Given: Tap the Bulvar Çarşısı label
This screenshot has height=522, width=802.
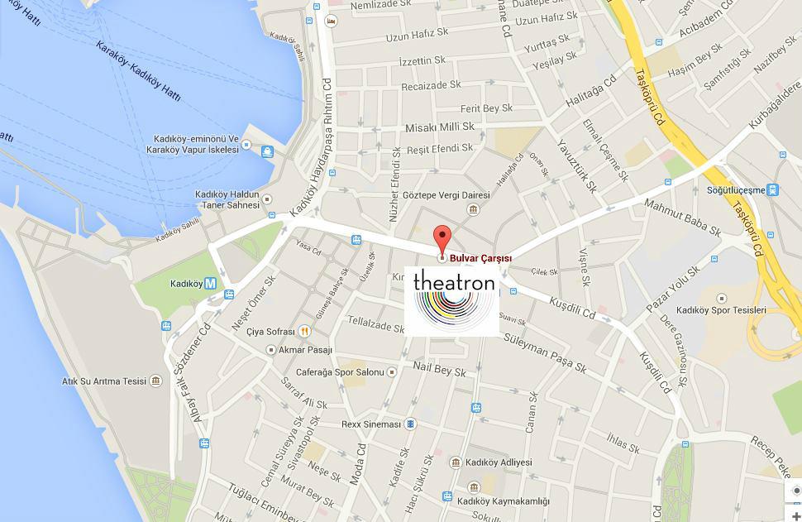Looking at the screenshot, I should click(x=480, y=258).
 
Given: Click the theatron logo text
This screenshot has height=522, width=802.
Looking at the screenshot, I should click(x=454, y=282).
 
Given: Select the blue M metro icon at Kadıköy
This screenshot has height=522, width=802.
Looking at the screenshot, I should click(x=211, y=283).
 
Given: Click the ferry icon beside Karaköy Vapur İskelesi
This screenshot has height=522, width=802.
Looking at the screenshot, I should click(x=267, y=151).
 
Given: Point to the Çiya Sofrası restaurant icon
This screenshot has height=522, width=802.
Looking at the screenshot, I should click(x=305, y=331).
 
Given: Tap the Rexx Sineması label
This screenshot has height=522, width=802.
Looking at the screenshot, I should click(x=371, y=424).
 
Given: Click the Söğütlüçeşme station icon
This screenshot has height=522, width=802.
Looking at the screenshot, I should click(x=773, y=190).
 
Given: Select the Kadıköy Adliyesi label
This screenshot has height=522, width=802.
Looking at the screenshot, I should click(x=499, y=462).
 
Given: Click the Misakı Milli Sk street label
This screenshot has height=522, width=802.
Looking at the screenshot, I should click(x=439, y=127).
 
